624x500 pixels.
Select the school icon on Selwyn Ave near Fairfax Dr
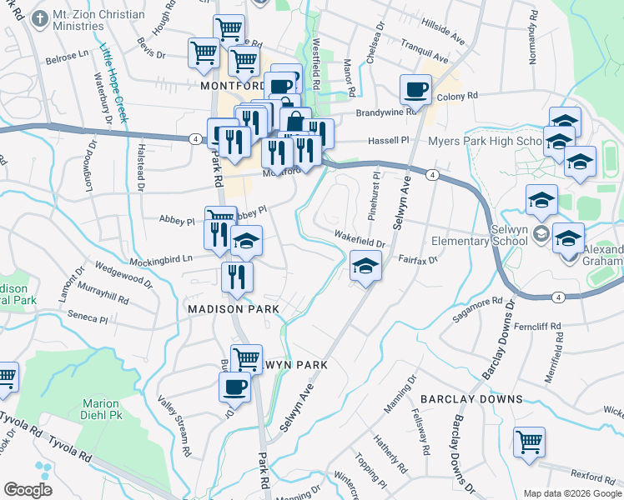pos(365,267)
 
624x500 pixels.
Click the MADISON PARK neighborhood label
pos(237,308)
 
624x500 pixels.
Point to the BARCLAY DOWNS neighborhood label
pos(471,399)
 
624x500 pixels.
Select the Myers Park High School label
pos(486,141)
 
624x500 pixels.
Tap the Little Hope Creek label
pos(112,83)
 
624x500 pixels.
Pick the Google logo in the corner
pos(28,490)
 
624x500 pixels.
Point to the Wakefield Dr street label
pos(360,238)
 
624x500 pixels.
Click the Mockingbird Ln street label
pos(160,258)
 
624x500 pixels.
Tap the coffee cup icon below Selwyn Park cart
pos(234,387)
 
